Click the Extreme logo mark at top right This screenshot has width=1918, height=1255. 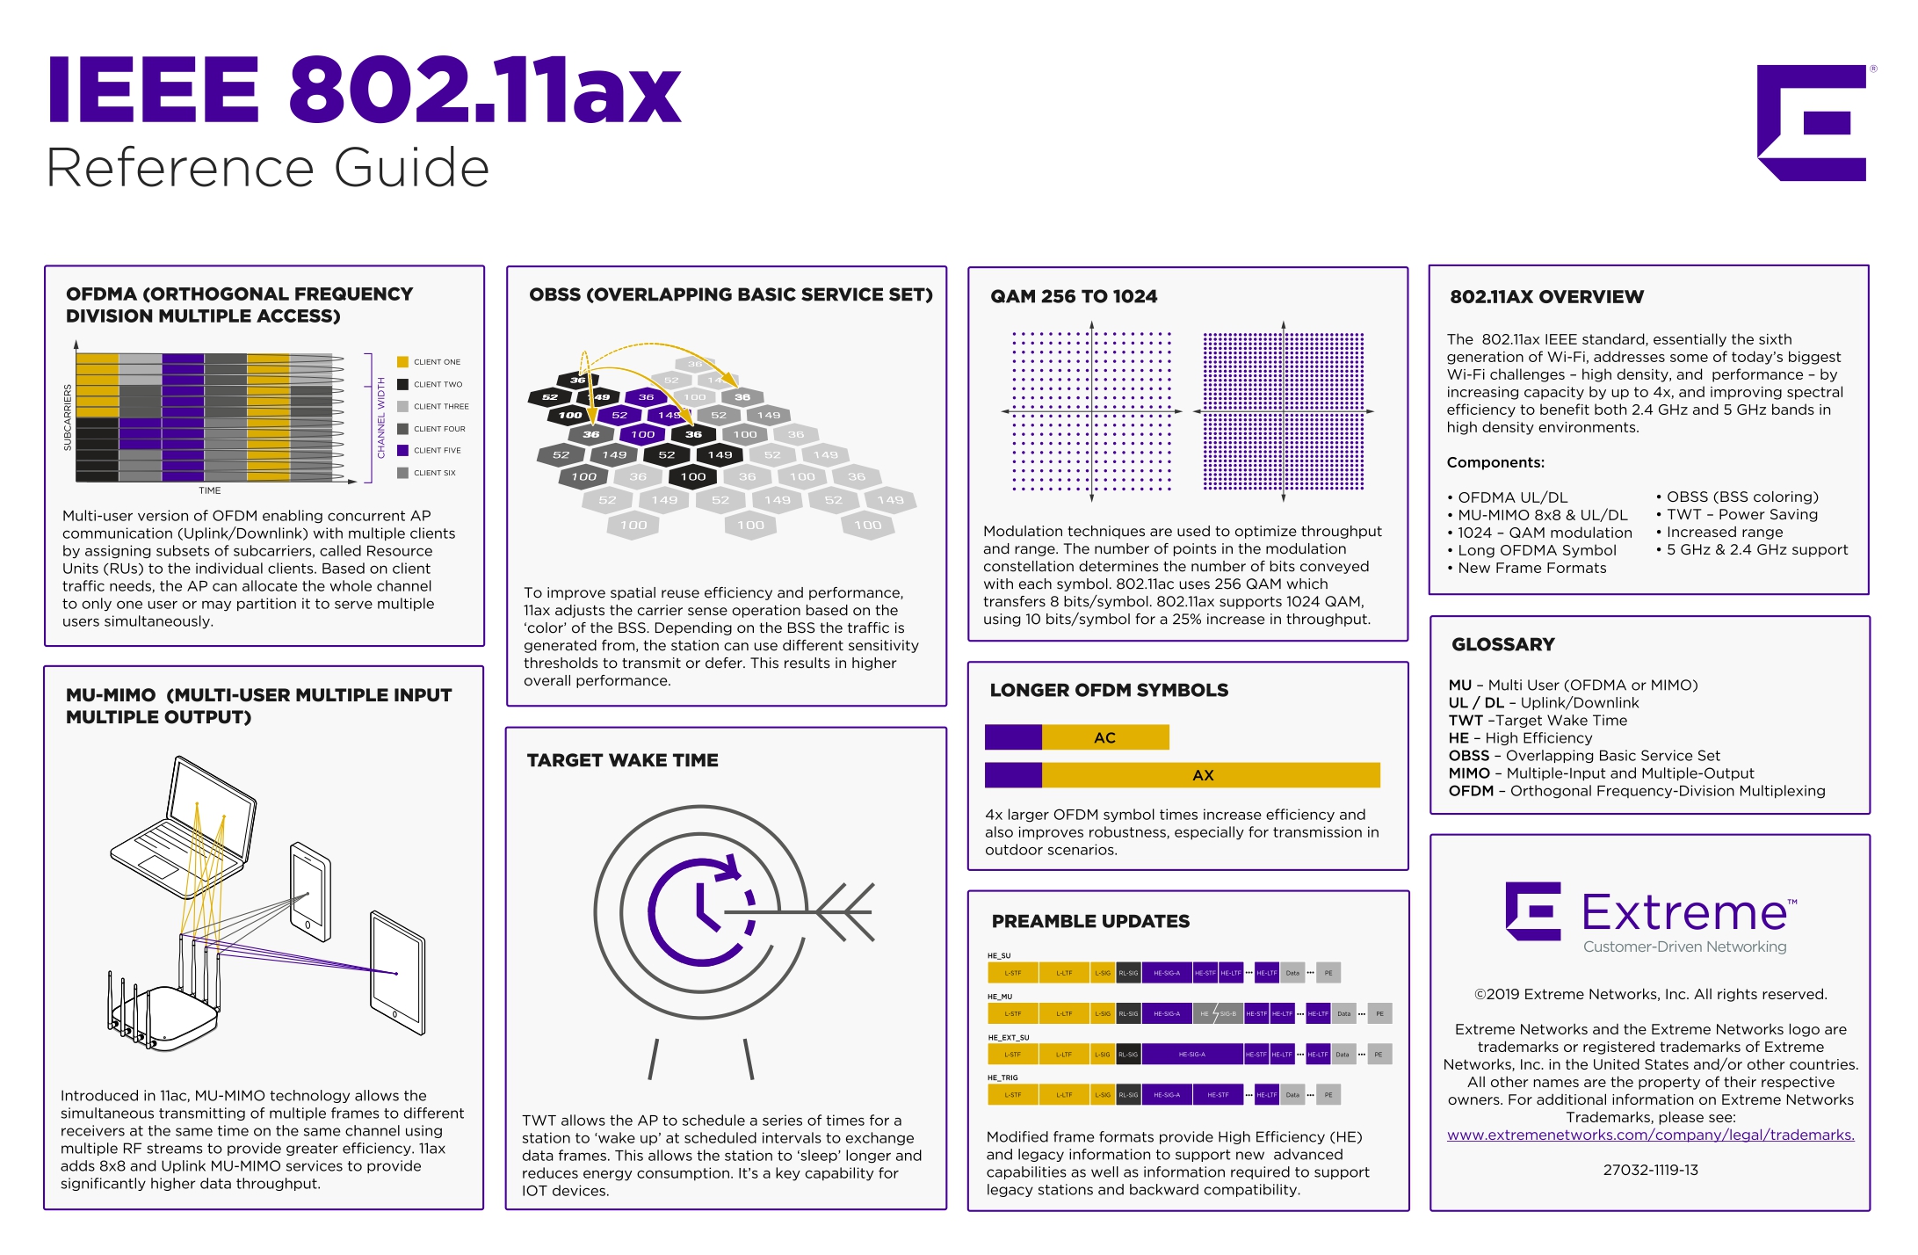1813,122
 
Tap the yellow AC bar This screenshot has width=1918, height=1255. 1104,737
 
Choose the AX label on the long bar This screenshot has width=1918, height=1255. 1203,775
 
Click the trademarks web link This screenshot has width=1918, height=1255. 1650,1135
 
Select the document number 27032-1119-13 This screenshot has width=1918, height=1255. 1650,1170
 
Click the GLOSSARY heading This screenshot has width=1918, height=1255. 1502,644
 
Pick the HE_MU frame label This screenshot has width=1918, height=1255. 999,997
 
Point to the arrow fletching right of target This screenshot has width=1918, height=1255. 846,912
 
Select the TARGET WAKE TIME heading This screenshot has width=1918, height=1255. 622,760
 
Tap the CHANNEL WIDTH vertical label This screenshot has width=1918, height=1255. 381,417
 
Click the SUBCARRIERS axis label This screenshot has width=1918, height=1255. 68,417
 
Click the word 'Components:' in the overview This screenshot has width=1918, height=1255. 1495,462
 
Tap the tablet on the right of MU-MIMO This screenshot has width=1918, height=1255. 398,972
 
